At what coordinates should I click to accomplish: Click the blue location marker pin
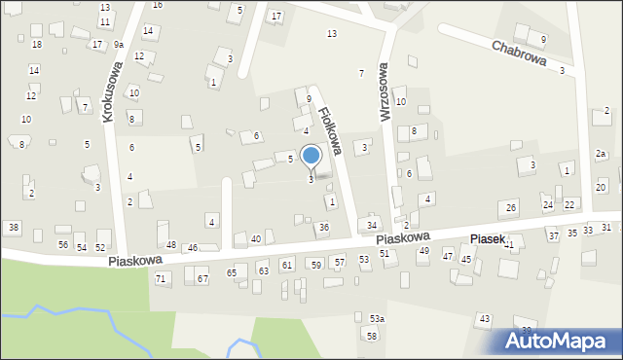311,157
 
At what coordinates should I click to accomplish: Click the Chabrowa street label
519,53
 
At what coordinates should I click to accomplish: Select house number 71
161,278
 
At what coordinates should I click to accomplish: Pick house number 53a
377,318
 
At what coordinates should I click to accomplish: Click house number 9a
118,45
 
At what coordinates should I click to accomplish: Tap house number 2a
601,154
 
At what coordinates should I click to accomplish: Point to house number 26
510,208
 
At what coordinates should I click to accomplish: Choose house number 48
171,244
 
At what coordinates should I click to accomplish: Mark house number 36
324,227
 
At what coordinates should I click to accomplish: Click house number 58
372,335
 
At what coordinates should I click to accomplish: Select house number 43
484,319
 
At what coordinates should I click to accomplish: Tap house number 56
63,244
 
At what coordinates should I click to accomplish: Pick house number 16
158,5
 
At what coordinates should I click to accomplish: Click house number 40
256,238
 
